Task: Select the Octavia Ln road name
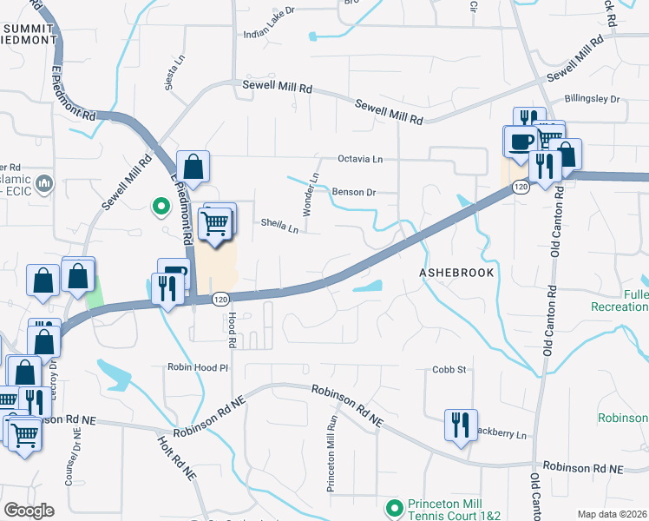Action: [x=359, y=160]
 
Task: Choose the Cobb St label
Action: [x=449, y=369]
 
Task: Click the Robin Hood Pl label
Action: [x=198, y=367]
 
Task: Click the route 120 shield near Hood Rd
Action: [x=221, y=299]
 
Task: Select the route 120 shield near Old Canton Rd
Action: [x=520, y=187]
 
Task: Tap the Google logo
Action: [x=29, y=510]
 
